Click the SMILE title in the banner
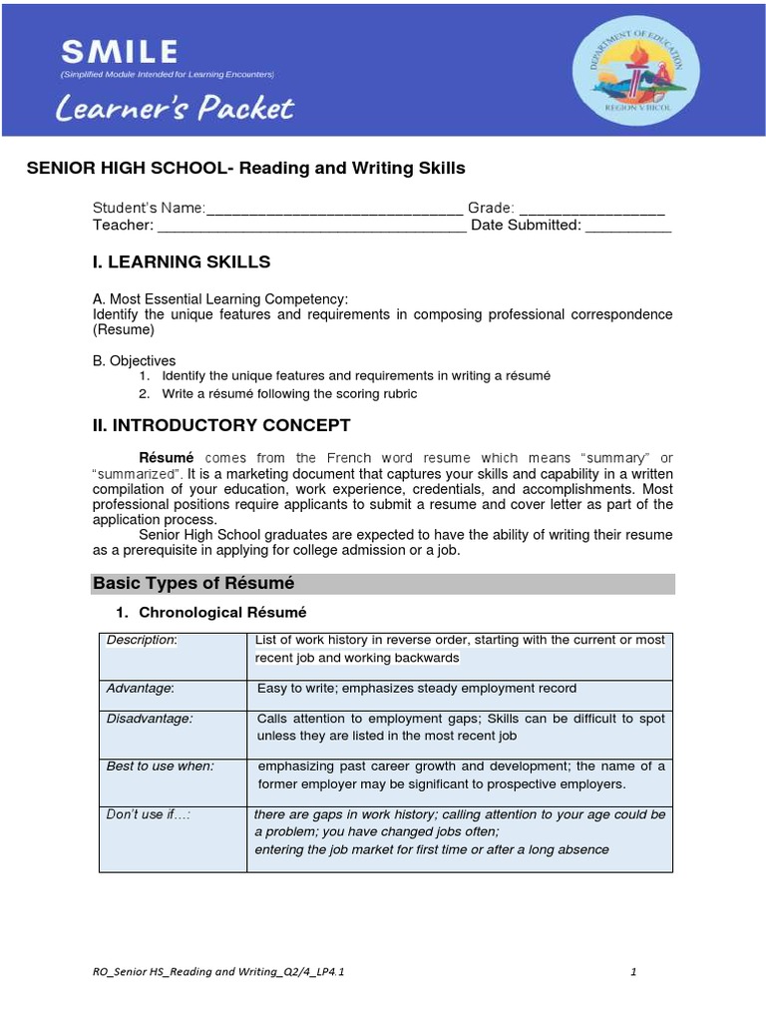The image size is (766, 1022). coord(120,51)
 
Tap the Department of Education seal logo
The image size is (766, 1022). coord(635,71)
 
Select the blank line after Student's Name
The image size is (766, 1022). coord(334,209)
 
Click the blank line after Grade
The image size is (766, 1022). coord(591,209)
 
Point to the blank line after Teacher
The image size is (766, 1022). coord(311,226)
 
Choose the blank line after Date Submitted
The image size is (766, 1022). coord(628,226)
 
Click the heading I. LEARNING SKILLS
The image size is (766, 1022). coord(182,262)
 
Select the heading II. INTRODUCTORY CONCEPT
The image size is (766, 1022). coord(221,426)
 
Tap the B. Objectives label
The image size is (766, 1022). coord(134,360)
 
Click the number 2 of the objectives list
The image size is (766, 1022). coord(144,394)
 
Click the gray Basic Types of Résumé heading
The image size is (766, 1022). coord(193,584)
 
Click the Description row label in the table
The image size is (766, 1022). coord(142,640)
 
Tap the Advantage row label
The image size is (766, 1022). coord(141,689)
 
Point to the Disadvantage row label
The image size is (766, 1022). coord(150,719)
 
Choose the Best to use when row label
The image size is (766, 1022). coord(161,766)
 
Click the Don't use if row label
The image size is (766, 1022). coord(148,814)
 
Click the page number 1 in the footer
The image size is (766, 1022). coord(633,972)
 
